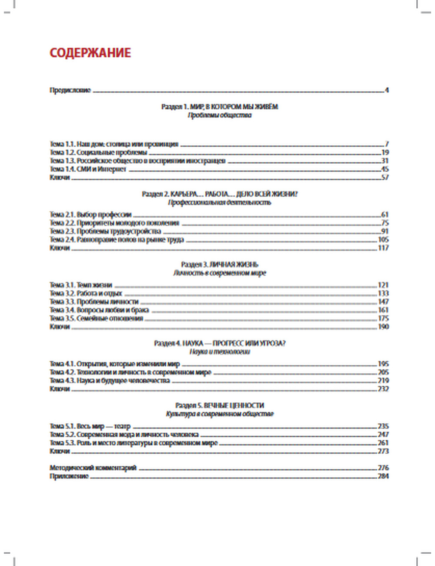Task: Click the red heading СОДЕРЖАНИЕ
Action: point(90,53)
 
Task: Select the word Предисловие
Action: point(70,91)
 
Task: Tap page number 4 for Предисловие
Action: point(387,91)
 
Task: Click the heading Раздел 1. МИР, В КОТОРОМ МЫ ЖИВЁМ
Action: point(219,107)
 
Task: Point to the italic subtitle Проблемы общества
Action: point(219,115)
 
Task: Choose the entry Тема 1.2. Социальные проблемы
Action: point(98,152)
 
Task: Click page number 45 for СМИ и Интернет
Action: point(385,169)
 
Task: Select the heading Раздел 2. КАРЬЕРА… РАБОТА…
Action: point(219,194)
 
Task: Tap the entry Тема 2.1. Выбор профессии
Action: point(90,215)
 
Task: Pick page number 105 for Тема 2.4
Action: point(383,239)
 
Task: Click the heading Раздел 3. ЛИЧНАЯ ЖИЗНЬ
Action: point(219,264)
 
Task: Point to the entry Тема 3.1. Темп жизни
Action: point(81,285)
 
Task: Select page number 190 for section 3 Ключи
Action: point(383,327)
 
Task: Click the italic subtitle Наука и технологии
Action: point(219,352)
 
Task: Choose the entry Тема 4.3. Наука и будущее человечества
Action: point(110,381)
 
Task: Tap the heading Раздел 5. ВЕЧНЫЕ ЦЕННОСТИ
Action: point(219,405)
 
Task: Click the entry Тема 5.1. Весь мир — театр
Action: point(90,426)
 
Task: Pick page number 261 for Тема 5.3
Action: point(383,443)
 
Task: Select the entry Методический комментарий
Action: point(93,468)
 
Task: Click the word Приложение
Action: point(69,476)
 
